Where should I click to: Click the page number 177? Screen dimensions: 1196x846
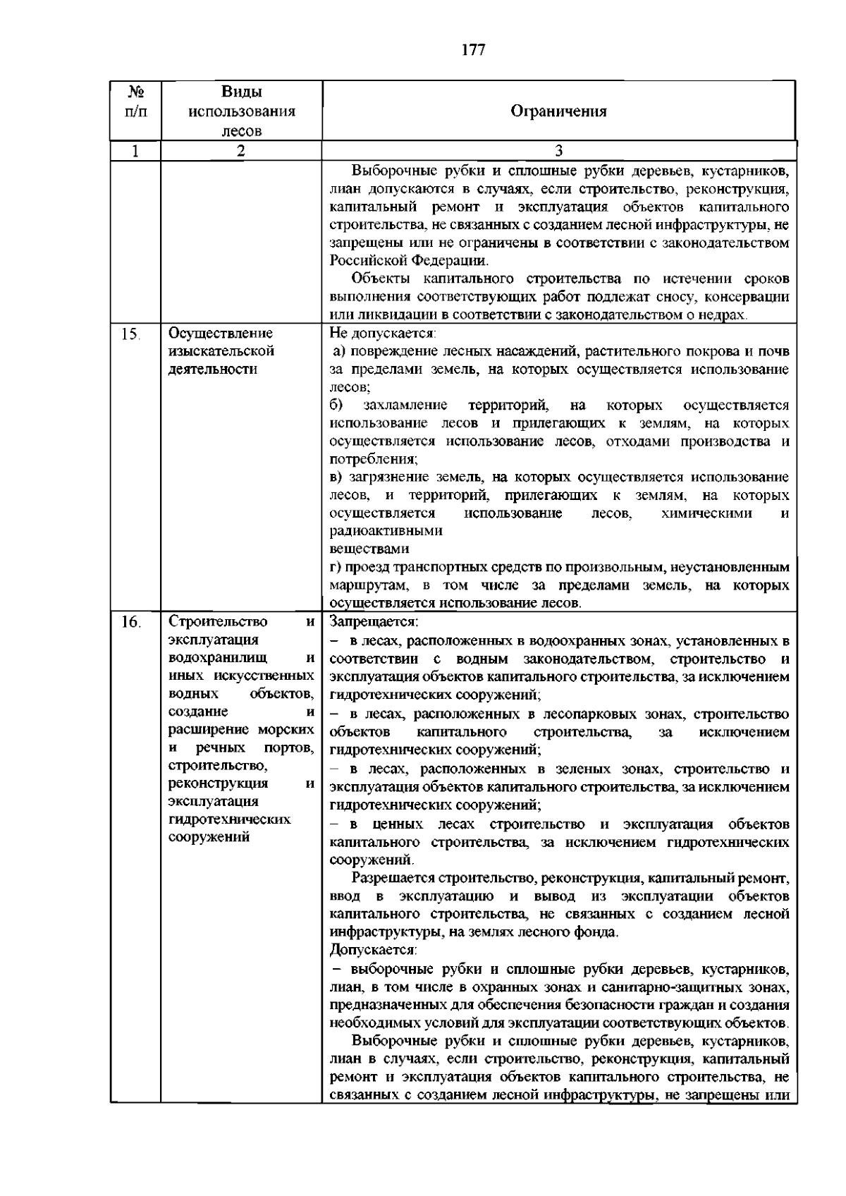[474, 49]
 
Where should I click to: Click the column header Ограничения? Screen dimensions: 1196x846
[558, 111]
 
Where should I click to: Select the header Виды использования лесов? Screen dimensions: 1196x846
[241, 111]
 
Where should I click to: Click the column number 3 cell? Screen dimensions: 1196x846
[558, 150]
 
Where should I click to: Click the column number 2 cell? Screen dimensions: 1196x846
[241, 150]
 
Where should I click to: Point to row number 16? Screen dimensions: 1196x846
[130, 622]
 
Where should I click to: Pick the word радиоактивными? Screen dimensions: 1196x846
[386, 531]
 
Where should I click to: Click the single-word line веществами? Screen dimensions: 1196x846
[369, 549]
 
